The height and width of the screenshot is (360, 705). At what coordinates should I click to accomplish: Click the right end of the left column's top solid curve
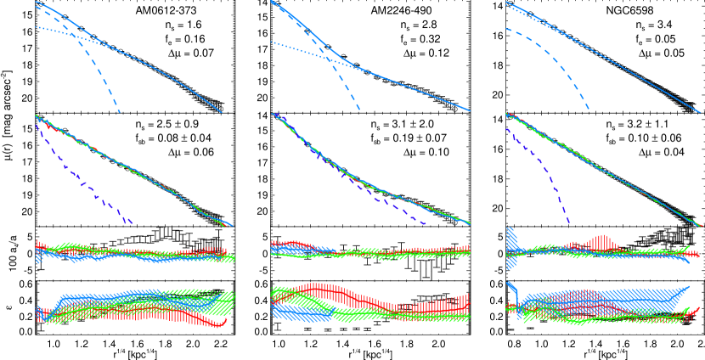tap(222, 113)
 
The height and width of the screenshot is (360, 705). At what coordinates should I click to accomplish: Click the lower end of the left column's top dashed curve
tap(119, 112)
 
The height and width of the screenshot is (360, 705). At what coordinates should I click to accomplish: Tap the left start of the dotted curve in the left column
tap(36, 27)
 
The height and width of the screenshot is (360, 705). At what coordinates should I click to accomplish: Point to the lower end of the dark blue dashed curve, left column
tap(131, 223)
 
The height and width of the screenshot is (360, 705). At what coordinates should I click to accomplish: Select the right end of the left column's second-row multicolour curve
tap(233, 226)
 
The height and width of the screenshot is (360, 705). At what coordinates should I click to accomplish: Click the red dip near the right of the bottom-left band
tap(218, 323)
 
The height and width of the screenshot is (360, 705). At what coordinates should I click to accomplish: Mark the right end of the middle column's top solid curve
tap(470, 111)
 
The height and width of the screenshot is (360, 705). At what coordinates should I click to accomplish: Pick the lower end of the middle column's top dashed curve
tap(359, 110)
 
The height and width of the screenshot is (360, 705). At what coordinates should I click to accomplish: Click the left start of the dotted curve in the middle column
tap(271, 42)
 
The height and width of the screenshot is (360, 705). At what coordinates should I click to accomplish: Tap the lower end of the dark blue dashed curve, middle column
tap(426, 224)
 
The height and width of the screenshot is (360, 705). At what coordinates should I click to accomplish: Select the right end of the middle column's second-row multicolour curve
tap(470, 223)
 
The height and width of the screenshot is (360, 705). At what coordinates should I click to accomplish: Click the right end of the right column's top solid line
tap(701, 113)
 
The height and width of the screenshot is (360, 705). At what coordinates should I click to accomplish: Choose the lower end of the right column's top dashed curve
tap(589, 109)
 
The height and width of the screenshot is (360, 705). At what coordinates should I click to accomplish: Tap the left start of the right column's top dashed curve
tap(506, 29)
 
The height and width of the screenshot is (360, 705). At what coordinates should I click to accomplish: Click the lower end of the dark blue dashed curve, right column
tap(569, 223)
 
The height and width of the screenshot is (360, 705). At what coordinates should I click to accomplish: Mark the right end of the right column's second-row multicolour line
tap(702, 226)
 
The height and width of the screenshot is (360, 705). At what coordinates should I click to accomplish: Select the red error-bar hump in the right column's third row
tap(601, 243)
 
